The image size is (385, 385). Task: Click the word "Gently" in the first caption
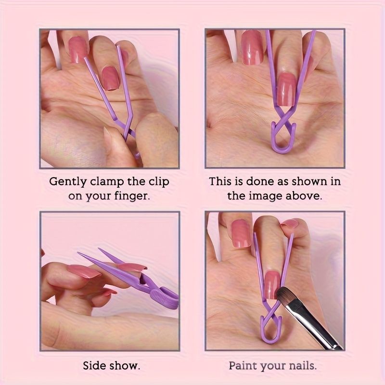click(x=68, y=182)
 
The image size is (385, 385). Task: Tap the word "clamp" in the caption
click(x=107, y=182)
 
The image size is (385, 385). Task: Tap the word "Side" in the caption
click(x=94, y=366)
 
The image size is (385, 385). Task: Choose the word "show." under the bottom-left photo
click(x=125, y=366)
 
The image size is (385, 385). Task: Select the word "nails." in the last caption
click(x=303, y=366)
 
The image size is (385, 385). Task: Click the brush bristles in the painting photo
click(x=285, y=296)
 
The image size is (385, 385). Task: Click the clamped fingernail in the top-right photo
click(x=286, y=90)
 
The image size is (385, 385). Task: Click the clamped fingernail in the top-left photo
click(x=110, y=78)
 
